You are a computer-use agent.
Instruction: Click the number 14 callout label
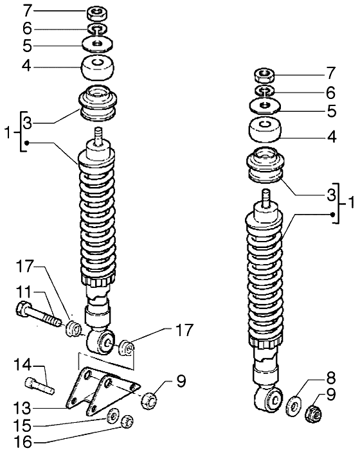[22, 366]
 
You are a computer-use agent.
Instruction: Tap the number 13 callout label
[22, 408]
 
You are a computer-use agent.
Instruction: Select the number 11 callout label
[23, 292]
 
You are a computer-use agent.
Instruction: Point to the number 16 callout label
[22, 442]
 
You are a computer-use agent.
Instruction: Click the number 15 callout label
[22, 425]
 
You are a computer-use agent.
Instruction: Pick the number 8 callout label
[330, 378]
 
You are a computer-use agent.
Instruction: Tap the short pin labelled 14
[40, 386]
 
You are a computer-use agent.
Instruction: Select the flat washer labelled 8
[294, 406]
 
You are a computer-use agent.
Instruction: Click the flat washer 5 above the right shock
[265, 105]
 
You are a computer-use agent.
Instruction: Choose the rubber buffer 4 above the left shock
[97, 68]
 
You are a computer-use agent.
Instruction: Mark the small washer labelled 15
[113, 416]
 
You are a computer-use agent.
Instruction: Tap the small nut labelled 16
[127, 421]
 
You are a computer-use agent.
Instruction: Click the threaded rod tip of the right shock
[265, 197]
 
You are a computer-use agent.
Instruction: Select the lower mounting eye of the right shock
[268, 398]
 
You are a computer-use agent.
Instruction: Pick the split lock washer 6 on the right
[264, 91]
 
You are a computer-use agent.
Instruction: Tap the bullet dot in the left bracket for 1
[26, 143]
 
